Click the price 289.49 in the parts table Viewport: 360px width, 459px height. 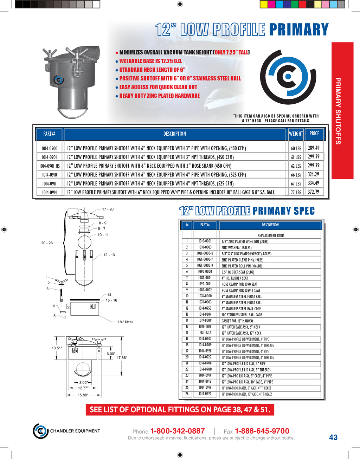coord(314,148)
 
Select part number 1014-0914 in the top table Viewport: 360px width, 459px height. coord(50,192)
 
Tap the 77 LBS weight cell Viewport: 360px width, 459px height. coord(296,192)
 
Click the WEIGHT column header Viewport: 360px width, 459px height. coord(296,134)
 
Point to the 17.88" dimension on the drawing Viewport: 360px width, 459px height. coord(122,358)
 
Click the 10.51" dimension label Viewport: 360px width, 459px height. coord(57,348)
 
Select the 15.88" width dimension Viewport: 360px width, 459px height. coord(83,395)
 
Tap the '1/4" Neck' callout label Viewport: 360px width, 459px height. coord(126,322)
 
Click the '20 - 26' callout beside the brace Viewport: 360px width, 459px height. coord(47,243)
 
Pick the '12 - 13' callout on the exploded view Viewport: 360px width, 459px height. coord(109,255)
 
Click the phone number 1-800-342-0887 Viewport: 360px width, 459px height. coord(178,431)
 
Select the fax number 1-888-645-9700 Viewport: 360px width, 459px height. coord(262,431)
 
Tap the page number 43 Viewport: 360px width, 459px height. coord(333,437)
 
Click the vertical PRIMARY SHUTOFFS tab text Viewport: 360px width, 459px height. coord(338,111)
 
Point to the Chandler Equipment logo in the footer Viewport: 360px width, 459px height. coord(41,431)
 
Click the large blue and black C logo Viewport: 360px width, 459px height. coord(288,77)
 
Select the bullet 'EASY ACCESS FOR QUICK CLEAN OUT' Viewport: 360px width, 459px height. coord(158,87)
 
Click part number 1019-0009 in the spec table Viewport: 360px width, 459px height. coord(205,321)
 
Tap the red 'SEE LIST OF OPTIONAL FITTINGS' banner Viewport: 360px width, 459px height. coord(180,410)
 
